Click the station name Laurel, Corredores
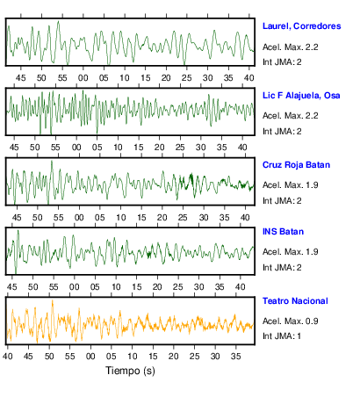301,26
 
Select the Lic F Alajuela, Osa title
301,96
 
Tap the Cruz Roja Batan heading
296,165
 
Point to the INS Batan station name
283,232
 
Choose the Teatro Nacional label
295,301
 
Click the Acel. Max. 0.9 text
290,321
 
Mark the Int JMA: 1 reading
282,335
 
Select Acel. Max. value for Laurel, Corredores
290,47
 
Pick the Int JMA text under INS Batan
282,267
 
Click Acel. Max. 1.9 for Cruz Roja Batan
290,185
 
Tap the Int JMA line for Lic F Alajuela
282,131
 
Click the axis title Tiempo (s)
130,371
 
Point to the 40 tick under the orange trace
8,357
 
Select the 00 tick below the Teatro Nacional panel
90,357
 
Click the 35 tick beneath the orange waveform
235,357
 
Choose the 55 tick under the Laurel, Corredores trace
62,78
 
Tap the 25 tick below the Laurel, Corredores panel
187,78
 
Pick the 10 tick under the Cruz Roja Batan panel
120,218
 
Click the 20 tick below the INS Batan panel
157,287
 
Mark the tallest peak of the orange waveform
53,300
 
